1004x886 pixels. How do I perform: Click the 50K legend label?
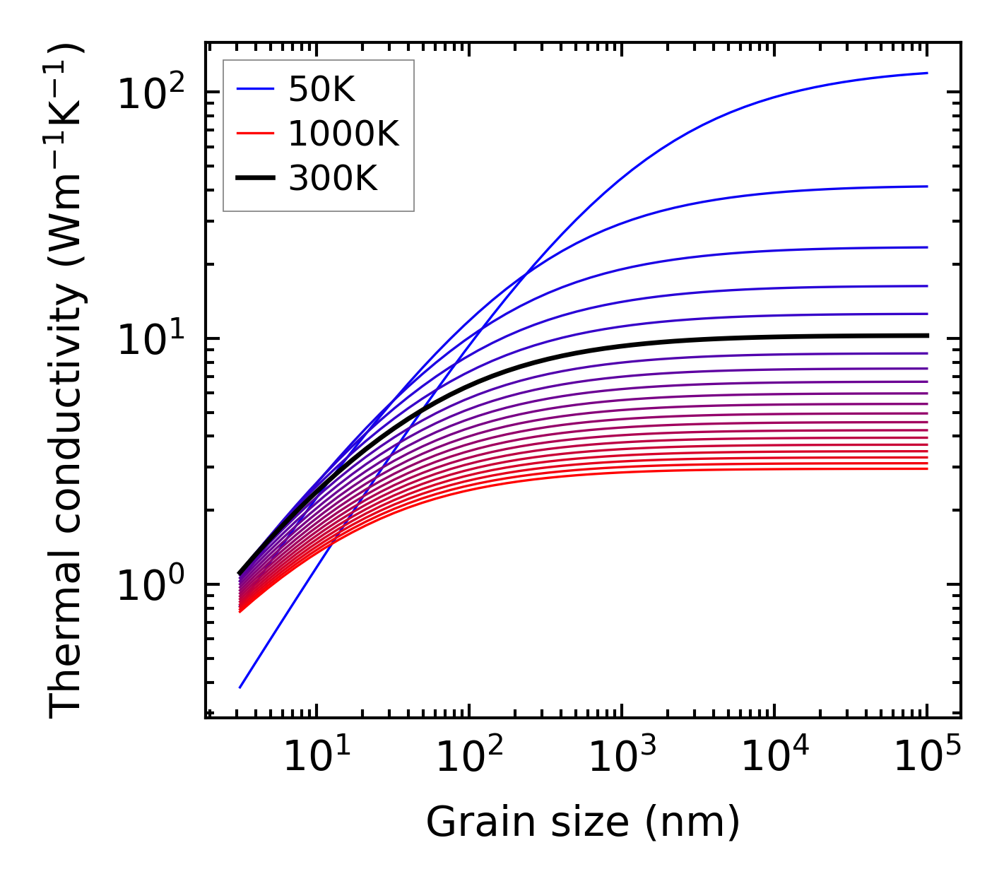click(321, 89)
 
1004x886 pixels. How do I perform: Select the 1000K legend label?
click(343, 134)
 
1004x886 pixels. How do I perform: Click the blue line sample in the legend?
click(254, 89)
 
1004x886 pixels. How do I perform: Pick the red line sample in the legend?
click(254, 134)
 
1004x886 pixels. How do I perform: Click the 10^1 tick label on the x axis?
click(315, 757)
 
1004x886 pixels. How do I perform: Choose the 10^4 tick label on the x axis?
click(774, 757)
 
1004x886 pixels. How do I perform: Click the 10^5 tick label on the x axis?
click(926, 757)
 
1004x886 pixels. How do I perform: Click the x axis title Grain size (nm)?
click(583, 822)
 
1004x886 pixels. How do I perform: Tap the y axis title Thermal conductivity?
click(67, 382)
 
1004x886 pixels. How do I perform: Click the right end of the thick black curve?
click(926, 335)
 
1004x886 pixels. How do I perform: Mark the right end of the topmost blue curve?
click(926, 73)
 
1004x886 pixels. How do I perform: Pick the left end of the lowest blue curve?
click(240, 687)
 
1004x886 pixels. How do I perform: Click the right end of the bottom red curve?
click(926, 468)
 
